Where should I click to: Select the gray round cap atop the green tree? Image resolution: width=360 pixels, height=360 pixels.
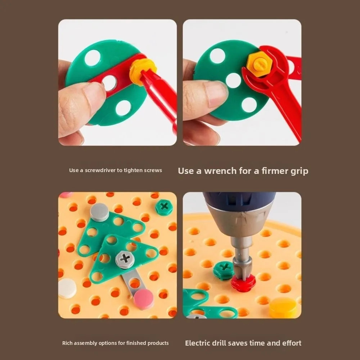99,212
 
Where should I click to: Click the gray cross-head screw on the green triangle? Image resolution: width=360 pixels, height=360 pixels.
125,259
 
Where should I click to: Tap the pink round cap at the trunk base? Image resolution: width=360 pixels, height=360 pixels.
144,298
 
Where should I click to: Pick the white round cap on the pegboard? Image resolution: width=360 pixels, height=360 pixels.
67,288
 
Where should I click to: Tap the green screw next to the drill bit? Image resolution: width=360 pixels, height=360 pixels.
223,270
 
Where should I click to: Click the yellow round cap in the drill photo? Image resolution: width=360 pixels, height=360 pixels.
283,307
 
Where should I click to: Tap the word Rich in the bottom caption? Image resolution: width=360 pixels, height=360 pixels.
67,343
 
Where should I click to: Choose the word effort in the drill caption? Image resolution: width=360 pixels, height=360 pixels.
290,343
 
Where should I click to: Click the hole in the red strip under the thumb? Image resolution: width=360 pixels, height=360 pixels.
109,83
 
